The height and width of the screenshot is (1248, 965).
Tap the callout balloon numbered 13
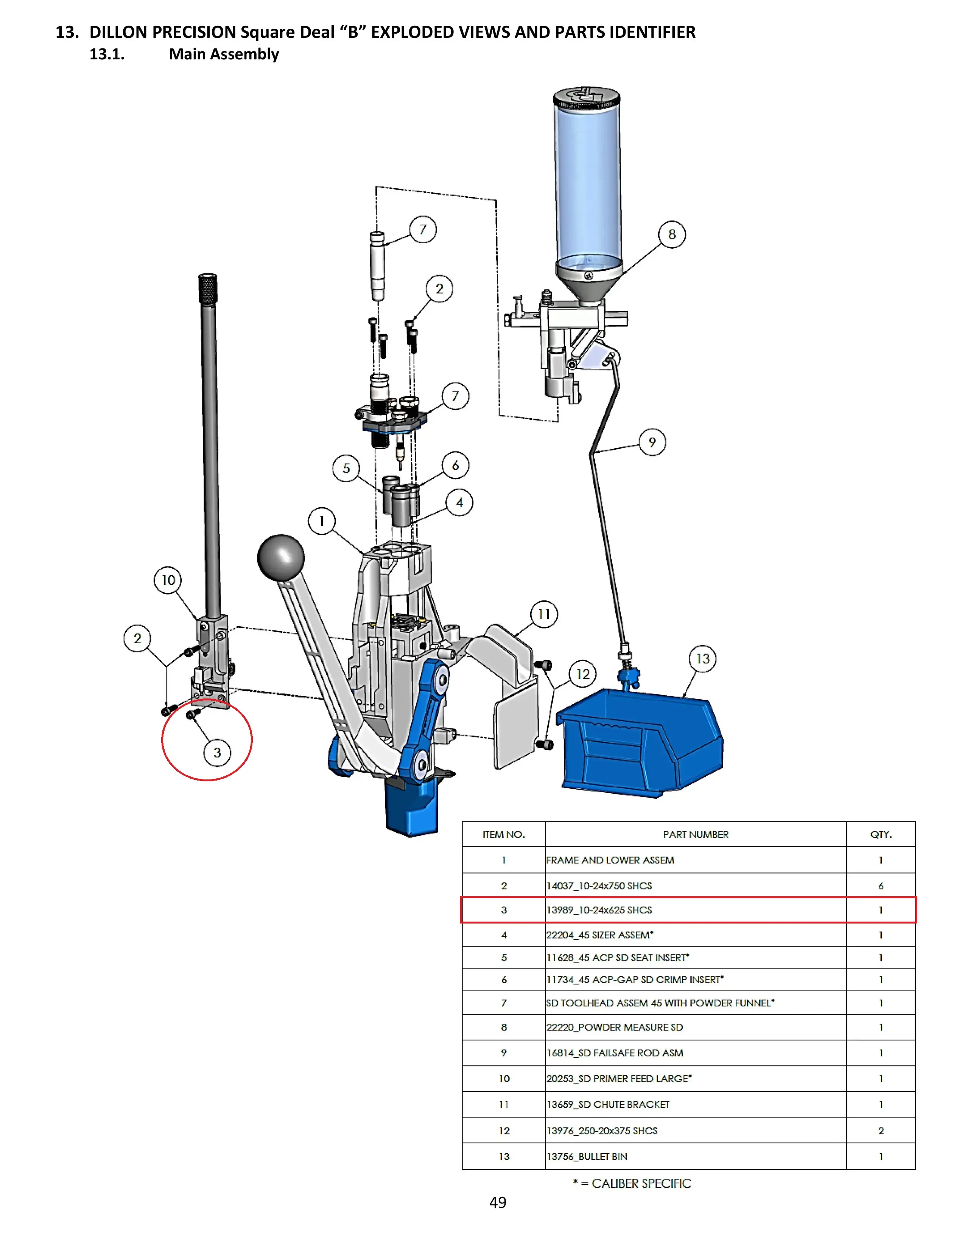pos(703,659)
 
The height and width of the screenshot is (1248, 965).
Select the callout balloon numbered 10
pos(168,580)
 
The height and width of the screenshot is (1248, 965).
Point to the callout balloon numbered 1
pos(322,521)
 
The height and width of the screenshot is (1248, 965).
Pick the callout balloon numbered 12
pos(582,674)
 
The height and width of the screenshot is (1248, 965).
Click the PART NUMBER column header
pos(695,834)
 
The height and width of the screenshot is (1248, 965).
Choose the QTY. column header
pos(880,834)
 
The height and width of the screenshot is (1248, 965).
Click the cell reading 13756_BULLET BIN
pos(587,1156)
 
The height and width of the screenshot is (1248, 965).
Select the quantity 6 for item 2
pos(880,886)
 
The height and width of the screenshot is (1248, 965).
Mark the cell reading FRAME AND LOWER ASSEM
pos(610,860)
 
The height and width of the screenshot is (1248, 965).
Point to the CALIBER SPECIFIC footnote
pos(632,1183)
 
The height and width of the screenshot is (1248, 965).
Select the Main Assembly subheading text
pos(224,54)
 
